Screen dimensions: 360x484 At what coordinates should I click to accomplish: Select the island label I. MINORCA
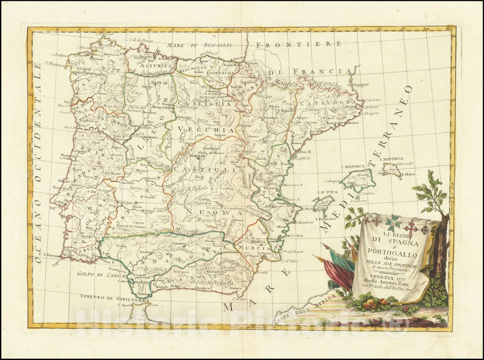point(391,159)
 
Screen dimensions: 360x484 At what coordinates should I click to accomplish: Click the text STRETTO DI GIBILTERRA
point(107,296)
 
